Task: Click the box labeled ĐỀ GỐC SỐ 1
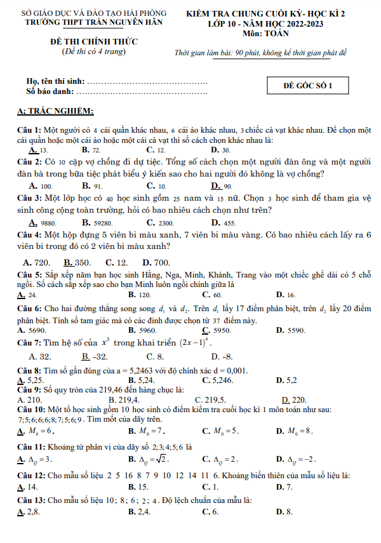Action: tap(308, 86)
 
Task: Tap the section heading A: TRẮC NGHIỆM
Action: tap(56, 111)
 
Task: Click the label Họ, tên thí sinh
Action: tap(55, 82)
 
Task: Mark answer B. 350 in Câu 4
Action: tap(77, 262)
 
